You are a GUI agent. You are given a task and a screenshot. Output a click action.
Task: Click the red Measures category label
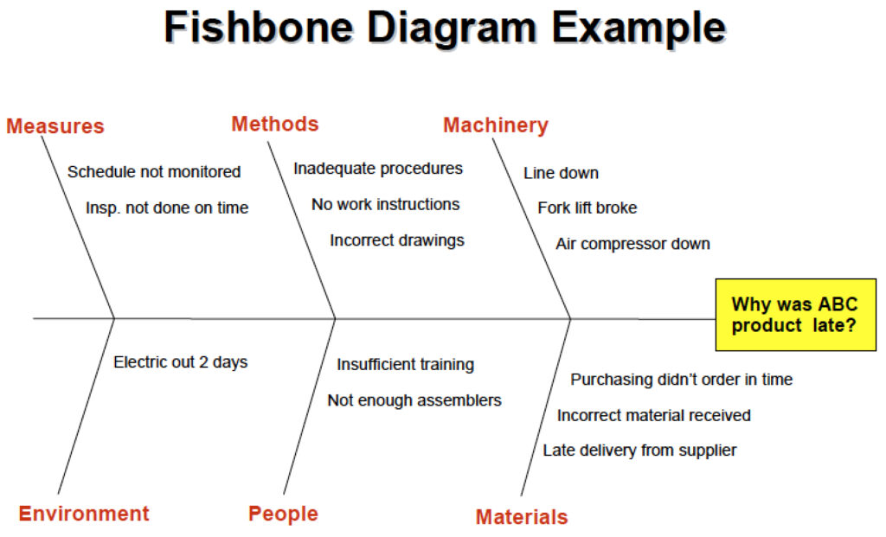click(x=55, y=126)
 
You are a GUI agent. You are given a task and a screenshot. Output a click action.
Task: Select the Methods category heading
click(x=275, y=124)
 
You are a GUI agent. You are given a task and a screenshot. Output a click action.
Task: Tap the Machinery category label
click(x=496, y=125)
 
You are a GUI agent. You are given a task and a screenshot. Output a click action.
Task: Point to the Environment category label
click(x=84, y=514)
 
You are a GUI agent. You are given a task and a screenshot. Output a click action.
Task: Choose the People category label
click(x=283, y=514)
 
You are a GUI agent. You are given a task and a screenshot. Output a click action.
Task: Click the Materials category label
click(x=522, y=516)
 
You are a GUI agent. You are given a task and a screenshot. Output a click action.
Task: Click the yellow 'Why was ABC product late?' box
click(x=796, y=315)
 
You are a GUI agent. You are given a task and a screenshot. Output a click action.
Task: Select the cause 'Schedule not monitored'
click(x=154, y=172)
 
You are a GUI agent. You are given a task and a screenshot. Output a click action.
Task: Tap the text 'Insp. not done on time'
click(x=167, y=208)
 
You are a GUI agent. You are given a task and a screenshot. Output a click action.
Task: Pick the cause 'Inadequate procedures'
click(x=378, y=169)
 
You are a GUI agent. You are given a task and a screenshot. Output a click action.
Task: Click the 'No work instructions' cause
click(x=385, y=204)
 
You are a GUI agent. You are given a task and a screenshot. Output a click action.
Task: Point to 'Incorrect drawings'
click(x=396, y=240)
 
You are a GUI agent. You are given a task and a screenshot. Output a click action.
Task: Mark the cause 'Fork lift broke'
click(x=587, y=208)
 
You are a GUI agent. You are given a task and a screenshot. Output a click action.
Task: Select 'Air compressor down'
click(x=632, y=244)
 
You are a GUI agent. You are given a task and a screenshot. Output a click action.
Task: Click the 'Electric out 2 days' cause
click(x=180, y=362)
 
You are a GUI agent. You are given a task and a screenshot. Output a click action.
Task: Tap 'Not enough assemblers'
click(x=414, y=400)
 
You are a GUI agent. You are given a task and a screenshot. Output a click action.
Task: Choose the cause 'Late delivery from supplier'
click(x=639, y=450)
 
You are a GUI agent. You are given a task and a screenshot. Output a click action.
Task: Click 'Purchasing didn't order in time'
click(x=682, y=380)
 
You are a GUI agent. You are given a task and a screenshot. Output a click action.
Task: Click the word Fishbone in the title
click(x=259, y=27)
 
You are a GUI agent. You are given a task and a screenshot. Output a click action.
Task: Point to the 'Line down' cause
click(x=561, y=173)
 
